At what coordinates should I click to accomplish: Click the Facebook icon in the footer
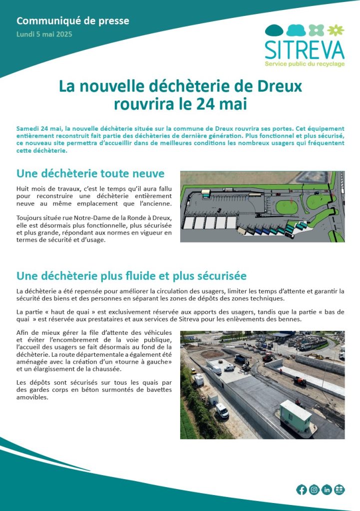coord(302,490)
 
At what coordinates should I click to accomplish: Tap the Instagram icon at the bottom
coord(314,490)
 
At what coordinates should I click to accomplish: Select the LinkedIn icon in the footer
coord(327,490)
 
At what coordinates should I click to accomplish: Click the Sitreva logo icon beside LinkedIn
coord(340,490)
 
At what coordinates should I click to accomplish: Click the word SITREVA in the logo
coord(304,49)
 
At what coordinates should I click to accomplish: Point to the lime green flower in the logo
coord(338,30)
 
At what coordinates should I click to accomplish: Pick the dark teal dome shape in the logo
coord(274,30)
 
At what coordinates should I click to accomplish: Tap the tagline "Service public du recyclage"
coord(304,64)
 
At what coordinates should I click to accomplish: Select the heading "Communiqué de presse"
coord(73,21)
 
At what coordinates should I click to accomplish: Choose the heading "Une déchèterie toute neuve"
coord(90,174)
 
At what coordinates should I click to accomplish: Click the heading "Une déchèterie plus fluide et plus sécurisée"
coord(131,276)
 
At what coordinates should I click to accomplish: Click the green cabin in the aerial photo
coord(295,416)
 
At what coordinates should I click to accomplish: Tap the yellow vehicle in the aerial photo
coord(193,371)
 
